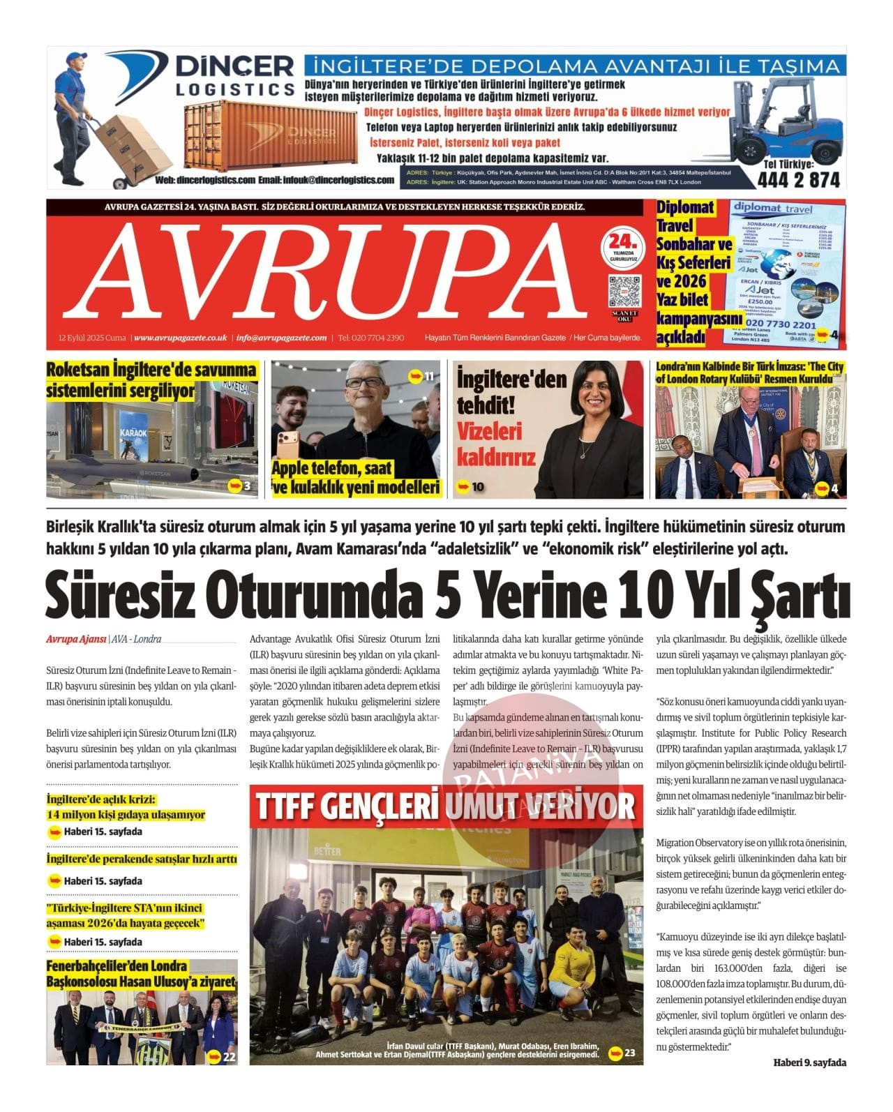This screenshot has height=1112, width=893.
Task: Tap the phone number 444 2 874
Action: coord(798,179)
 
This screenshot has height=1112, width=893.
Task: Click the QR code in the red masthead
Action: coord(624,292)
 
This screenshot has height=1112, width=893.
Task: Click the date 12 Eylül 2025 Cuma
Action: coord(92,338)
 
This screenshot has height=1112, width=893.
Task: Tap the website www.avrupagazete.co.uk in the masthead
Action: coord(181,338)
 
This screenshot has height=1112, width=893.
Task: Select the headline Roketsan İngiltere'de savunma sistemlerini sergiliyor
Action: coord(151,380)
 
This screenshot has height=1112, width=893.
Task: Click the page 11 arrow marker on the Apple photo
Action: coord(421,377)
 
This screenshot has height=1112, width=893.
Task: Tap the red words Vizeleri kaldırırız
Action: coord(496,444)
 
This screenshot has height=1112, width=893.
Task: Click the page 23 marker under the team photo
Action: coord(622,1052)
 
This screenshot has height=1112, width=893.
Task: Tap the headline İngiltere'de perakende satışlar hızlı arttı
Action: coord(142,859)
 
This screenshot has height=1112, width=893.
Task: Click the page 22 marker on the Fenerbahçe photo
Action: coord(222,1056)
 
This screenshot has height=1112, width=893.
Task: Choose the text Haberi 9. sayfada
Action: coord(809,1062)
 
